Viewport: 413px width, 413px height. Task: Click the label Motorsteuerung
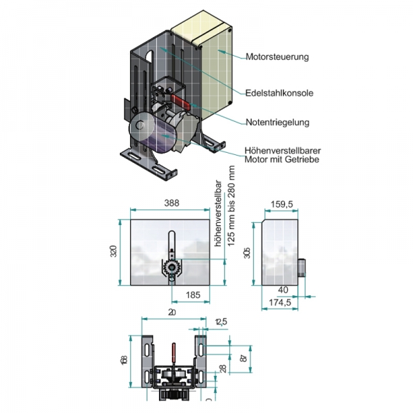[x=277, y=57]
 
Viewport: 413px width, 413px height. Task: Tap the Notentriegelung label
[x=278, y=123]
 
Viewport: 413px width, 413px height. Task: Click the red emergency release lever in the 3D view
[x=184, y=101]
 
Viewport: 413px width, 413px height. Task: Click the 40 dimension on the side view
[x=284, y=290]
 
